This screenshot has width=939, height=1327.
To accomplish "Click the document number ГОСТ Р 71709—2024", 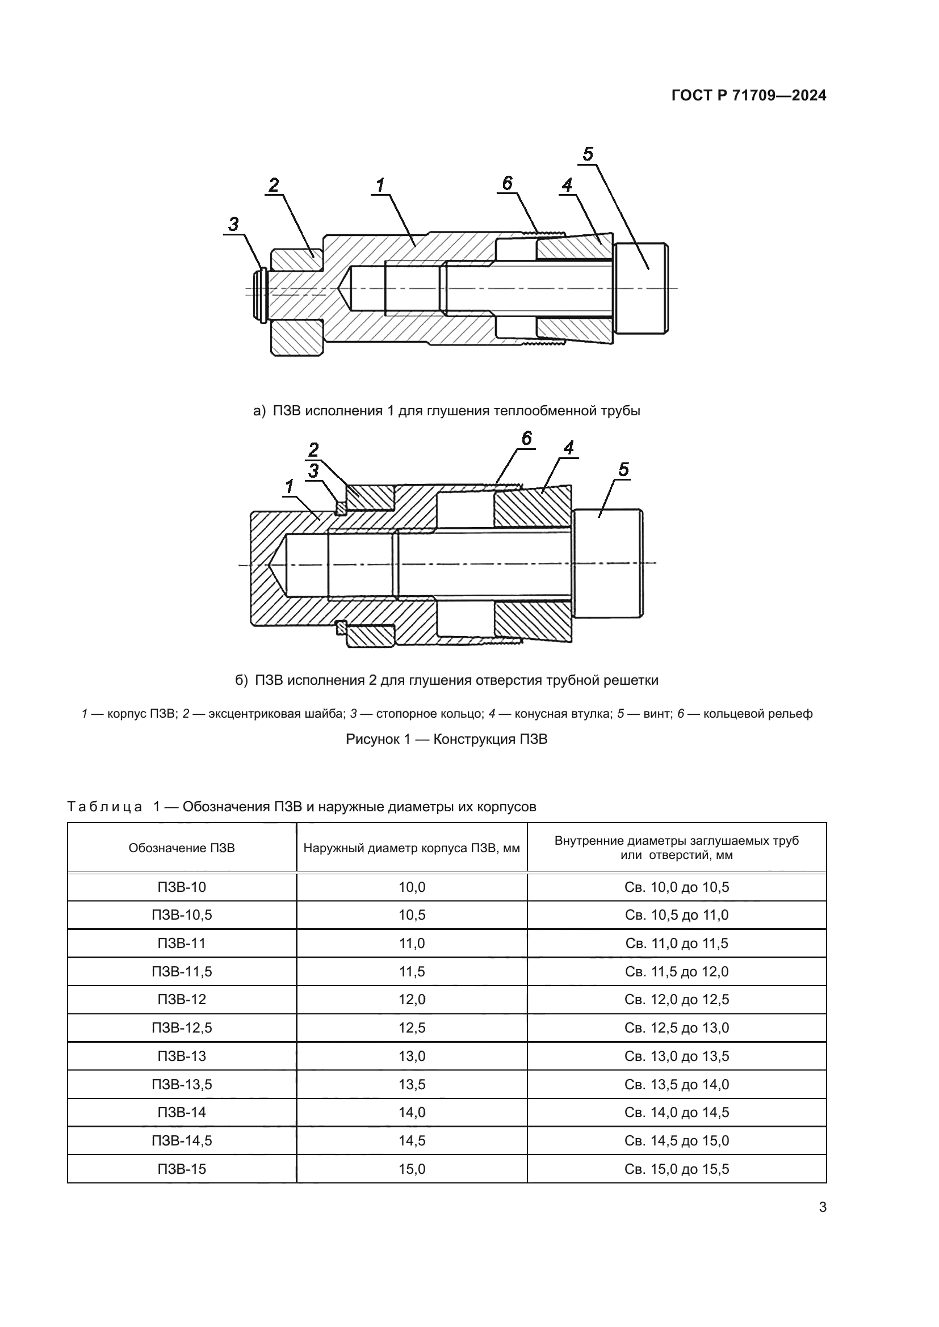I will click(x=749, y=95).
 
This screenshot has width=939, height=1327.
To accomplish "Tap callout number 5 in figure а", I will click(x=588, y=154).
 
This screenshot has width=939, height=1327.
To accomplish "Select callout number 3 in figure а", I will click(x=233, y=224).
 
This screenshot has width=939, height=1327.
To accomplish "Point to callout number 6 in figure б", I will click(x=526, y=439).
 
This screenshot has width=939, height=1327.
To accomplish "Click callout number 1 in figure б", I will click(x=290, y=487).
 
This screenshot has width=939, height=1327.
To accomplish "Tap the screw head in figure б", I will click(x=607, y=563).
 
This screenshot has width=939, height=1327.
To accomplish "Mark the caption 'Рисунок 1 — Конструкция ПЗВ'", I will click(x=446, y=739).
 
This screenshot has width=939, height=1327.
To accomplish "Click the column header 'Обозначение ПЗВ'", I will click(x=182, y=848).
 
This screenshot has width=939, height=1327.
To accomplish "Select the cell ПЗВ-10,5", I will click(x=182, y=915).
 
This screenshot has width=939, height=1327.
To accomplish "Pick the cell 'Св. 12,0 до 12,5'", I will click(x=677, y=999).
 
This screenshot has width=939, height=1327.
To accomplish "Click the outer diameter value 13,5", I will click(x=412, y=1084).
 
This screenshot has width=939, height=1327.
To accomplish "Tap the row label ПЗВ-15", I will click(x=182, y=1169).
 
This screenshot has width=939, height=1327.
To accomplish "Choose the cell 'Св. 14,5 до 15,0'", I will click(x=677, y=1140).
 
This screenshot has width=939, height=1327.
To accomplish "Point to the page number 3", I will click(x=823, y=1207).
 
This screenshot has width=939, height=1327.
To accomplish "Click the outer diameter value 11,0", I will click(x=412, y=943).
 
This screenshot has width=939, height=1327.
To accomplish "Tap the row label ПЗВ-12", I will click(x=182, y=999).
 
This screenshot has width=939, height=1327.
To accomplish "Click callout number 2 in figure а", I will click(x=274, y=185).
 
